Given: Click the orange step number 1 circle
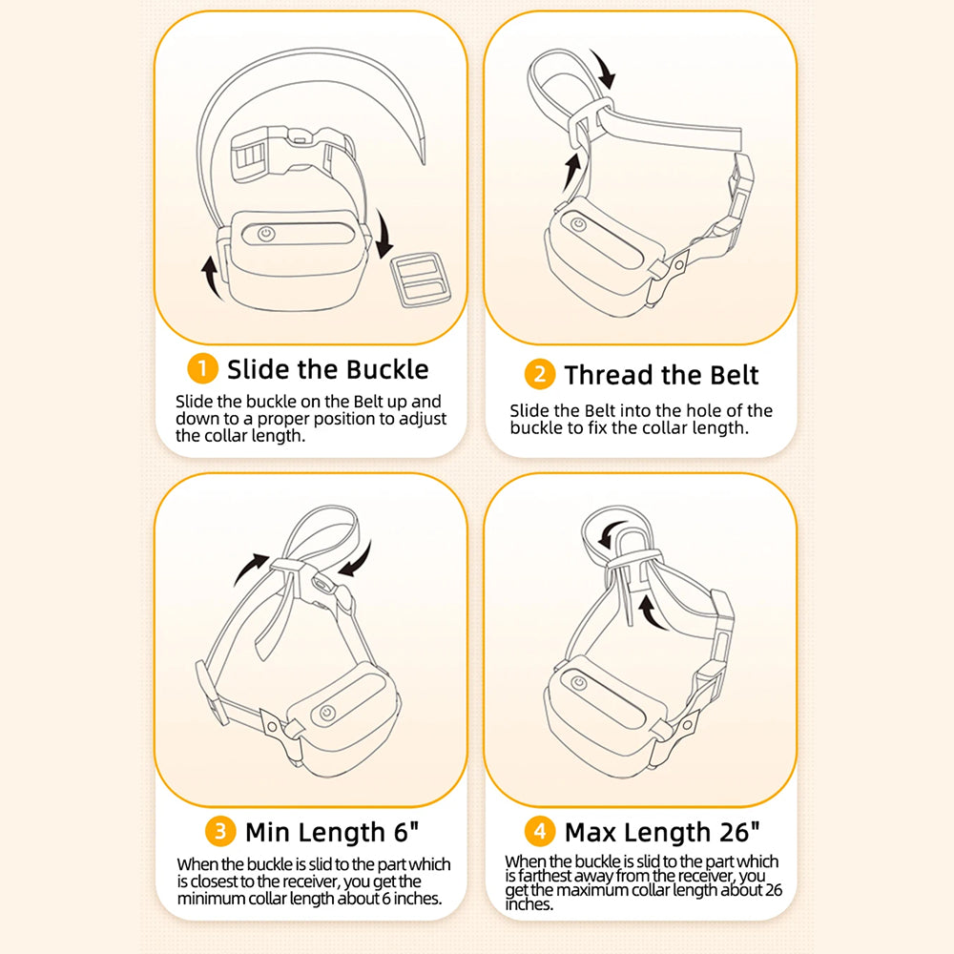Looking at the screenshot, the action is (202, 368).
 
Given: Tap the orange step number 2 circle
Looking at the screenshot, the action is (540, 374).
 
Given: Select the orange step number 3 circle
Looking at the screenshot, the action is (220, 831).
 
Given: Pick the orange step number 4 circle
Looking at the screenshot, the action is (540, 831).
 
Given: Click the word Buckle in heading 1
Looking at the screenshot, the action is (379, 369).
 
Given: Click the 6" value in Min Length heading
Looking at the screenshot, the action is (405, 832).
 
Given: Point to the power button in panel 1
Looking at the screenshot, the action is (266, 234).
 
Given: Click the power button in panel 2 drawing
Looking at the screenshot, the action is (579, 224).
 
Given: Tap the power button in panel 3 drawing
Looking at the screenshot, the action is (327, 713).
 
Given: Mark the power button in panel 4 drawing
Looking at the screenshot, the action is (579, 683).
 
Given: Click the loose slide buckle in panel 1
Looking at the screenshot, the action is (421, 280).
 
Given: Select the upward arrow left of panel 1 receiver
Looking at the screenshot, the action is (211, 278).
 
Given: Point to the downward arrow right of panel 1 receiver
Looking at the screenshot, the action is (384, 235).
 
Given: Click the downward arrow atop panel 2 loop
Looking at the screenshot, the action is (604, 70).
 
